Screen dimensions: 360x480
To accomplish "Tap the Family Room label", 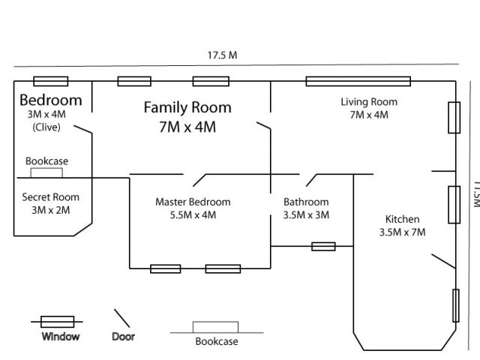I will [x=187, y=108].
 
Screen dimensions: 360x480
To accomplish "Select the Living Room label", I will [x=369, y=102].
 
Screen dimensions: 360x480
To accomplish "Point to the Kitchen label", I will [x=402, y=219].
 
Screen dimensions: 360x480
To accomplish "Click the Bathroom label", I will [x=306, y=202].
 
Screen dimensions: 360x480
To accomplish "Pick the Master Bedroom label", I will [x=193, y=202].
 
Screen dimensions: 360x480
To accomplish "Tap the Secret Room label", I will [x=50, y=197].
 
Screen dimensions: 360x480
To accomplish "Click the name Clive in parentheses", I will [x=46, y=127].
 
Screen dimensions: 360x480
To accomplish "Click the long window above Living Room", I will [x=356, y=81].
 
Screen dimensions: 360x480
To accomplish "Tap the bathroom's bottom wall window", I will [x=323, y=246].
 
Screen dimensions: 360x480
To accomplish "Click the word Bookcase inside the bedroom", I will [x=47, y=160].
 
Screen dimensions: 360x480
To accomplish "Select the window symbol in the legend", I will [x=57, y=321].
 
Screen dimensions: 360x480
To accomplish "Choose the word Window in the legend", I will [x=61, y=337].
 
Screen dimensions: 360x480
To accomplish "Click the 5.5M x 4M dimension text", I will [x=193, y=214].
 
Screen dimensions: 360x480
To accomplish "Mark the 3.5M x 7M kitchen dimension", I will [x=402, y=232].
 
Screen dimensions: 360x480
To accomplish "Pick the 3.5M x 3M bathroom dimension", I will [x=306, y=214].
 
